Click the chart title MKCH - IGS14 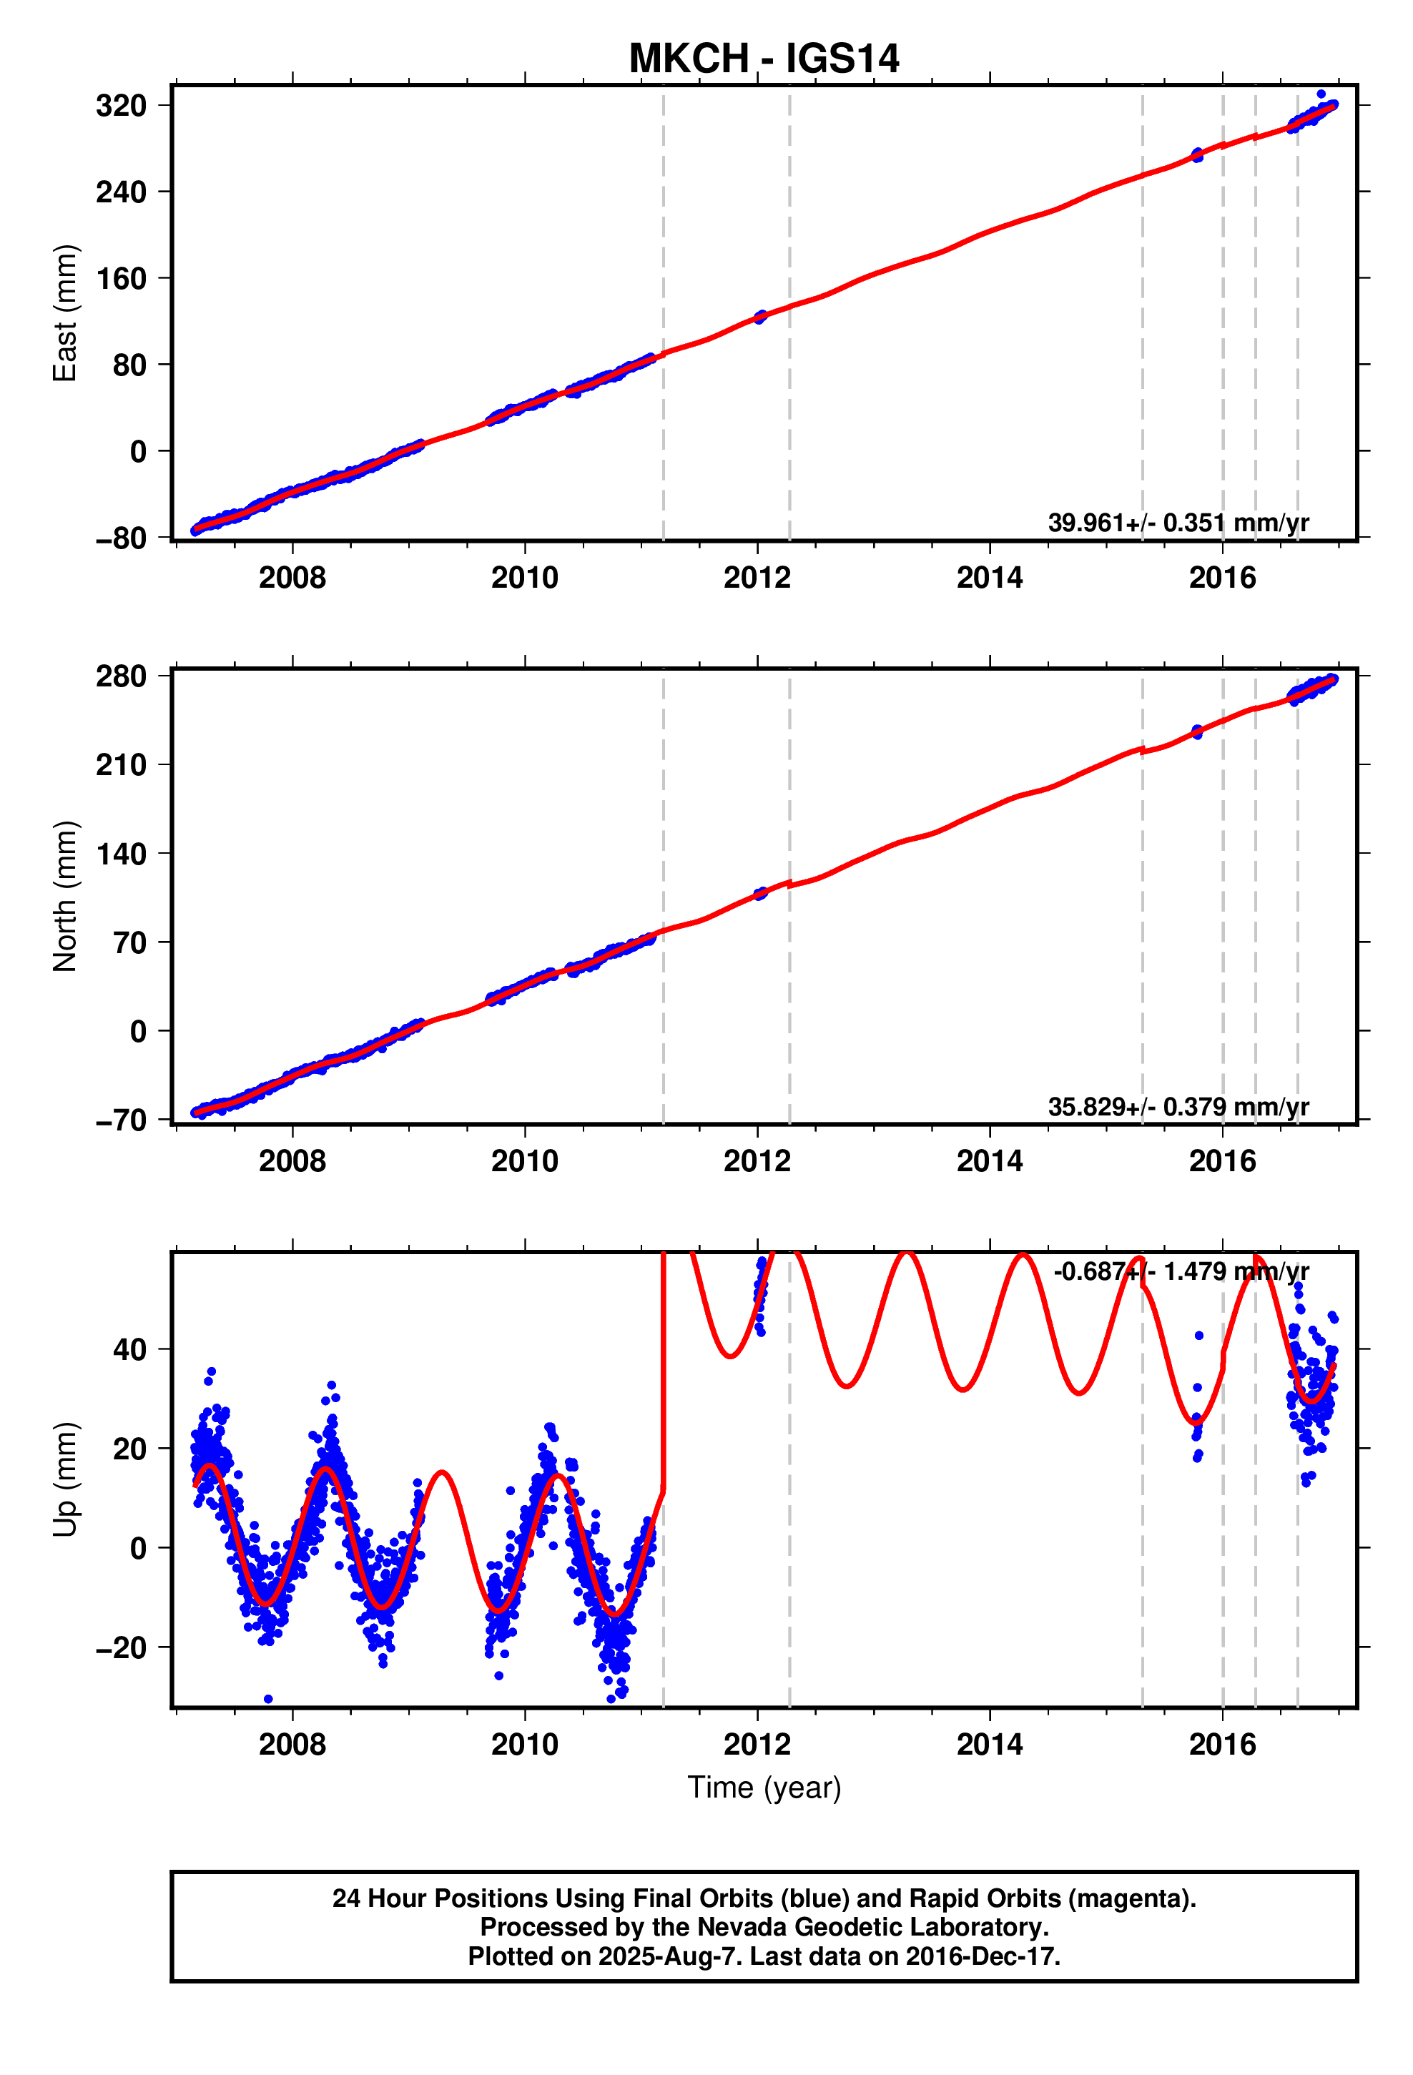[x=764, y=59]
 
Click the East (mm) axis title [x=65, y=312]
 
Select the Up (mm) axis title [x=65, y=1479]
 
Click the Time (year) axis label [x=764, y=1787]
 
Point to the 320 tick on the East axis [x=121, y=105]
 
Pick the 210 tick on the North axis [x=121, y=764]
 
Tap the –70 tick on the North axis [x=121, y=1120]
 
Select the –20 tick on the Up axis [x=121, y=1647]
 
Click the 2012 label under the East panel [x=757, y=578]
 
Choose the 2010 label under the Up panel [x=524, y=1744]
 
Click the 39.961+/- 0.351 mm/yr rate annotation [x=1177, y=522]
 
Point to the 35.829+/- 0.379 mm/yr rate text [x=1177, y=1106]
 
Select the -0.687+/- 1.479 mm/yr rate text [x=1181, y=1271]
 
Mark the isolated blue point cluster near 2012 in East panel [x=760, y=317]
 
